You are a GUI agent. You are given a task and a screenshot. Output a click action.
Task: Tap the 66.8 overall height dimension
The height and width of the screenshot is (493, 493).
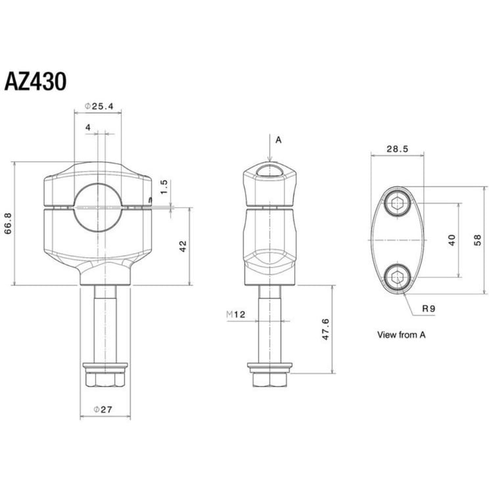[9, 224]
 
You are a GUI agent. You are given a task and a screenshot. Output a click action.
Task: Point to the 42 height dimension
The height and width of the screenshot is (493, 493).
[183, 245]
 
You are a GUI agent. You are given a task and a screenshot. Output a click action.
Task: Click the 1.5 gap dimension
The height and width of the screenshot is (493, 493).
[164, 187]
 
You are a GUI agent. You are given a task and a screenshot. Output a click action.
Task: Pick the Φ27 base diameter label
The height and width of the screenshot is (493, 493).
[103, 410]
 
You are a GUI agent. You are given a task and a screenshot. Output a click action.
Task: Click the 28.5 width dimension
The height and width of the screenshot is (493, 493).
[397, 149]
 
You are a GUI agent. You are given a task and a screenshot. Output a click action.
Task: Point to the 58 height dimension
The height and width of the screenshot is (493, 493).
[477, 239]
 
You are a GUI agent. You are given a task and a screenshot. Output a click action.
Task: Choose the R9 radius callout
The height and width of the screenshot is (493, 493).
[427, 308]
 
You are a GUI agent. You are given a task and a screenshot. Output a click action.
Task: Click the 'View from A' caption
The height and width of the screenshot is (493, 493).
[401, 335]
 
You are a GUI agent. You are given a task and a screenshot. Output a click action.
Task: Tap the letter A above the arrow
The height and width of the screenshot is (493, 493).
[278, 139]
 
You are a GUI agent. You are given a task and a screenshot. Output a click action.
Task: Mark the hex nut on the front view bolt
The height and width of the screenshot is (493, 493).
[105, 378]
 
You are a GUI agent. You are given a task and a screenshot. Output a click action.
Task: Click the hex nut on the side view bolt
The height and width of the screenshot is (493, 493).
[269, 378]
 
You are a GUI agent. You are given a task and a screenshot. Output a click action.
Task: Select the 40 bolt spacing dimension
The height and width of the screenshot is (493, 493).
[452, 240]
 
